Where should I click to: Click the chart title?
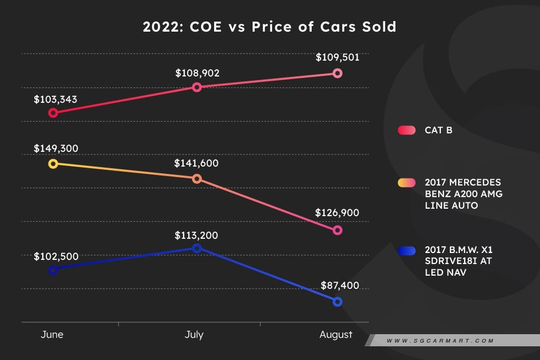pyautogui.click(x=269, y=27)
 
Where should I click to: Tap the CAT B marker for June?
pyautogui.click(x=53, y=112)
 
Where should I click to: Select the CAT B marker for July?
pyautogui.click(x=197, y=87)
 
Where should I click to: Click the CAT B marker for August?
pyautogui.click(x=337, y=73)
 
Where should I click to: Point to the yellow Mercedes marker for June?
pyautogui.click(x=53, y=163)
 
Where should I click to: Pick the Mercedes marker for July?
pyautogui.click(x=197, y=179)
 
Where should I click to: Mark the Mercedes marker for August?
pyautogui.click(x=337, y=230)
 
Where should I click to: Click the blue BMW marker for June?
pyautogui.click(x=53, y=270)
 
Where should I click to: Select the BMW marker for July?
pyautogui.click(x=197, y=248)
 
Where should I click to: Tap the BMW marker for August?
pyautogui.click(x=337, y=301)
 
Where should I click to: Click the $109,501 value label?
pyautogui.click(x=337, y=57)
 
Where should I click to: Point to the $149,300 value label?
pyautogui.click(x=56, y=149)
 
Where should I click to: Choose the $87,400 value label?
pyautogui.click(x=340, y=286)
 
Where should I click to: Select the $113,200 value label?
pyautogui.click(x=196, y=236)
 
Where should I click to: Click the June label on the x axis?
pyautogui.click(x=52, y=335)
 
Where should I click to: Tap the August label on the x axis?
pyautogui.click(x=336, y=335)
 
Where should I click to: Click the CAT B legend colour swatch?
pyautogui.click(x=407, y=130)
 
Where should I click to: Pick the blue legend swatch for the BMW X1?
pyautogui.click(x=407, y=250)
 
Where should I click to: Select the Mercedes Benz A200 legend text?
pyautogui.click(x=464, y=193)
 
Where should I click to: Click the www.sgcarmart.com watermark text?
pyautogui.click(x=440, y=341)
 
